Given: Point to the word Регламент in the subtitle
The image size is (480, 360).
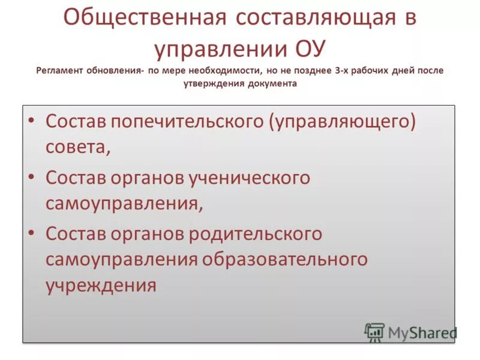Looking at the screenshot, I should (x=59, y=70).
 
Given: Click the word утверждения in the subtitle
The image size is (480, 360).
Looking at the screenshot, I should (x=212, y=84).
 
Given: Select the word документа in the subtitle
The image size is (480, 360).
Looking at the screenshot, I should (x=271, y=84).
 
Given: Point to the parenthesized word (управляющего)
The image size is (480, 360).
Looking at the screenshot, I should (x=343, y=122).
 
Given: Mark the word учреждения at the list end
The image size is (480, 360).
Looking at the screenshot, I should (x=101, y=284).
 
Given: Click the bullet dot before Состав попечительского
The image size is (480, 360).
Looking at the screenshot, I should (x=32, y=121).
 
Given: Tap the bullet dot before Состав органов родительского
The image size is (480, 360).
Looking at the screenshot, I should (x=32, y=233).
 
